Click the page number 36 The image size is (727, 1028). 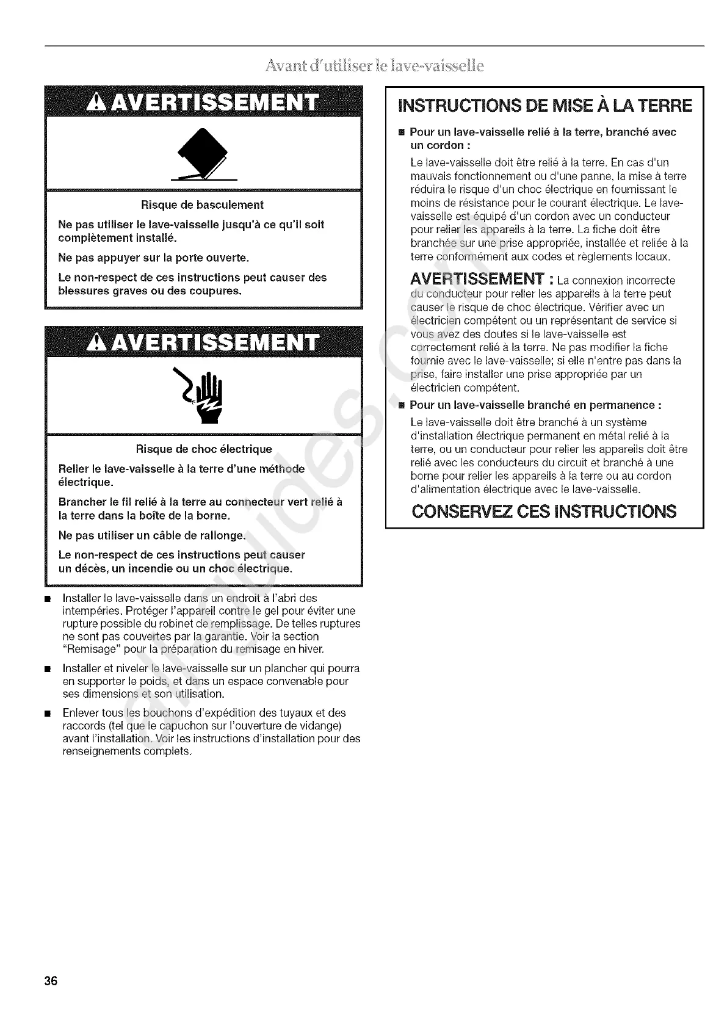(x=50, y=982)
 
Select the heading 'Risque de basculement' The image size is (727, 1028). (x=202, y=205)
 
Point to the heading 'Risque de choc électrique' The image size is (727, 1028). (x=204, y=450)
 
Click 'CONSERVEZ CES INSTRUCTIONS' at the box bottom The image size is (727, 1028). (x=544, y=511)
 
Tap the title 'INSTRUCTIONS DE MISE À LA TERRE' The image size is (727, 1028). (x=545, y=106)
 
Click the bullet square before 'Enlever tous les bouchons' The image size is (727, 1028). (x=46, y=713)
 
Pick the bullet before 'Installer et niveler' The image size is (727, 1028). (x=46, y=668)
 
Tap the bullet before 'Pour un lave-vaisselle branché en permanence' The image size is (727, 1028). (x=401, y=405)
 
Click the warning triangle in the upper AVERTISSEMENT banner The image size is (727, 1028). (x=98, y=103)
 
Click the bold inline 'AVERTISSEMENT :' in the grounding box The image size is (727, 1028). (x=482, y=280)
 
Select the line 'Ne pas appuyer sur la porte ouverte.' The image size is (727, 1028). (x=153, y=258)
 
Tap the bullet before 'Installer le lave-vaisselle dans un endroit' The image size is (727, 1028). (x=46, y=598)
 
